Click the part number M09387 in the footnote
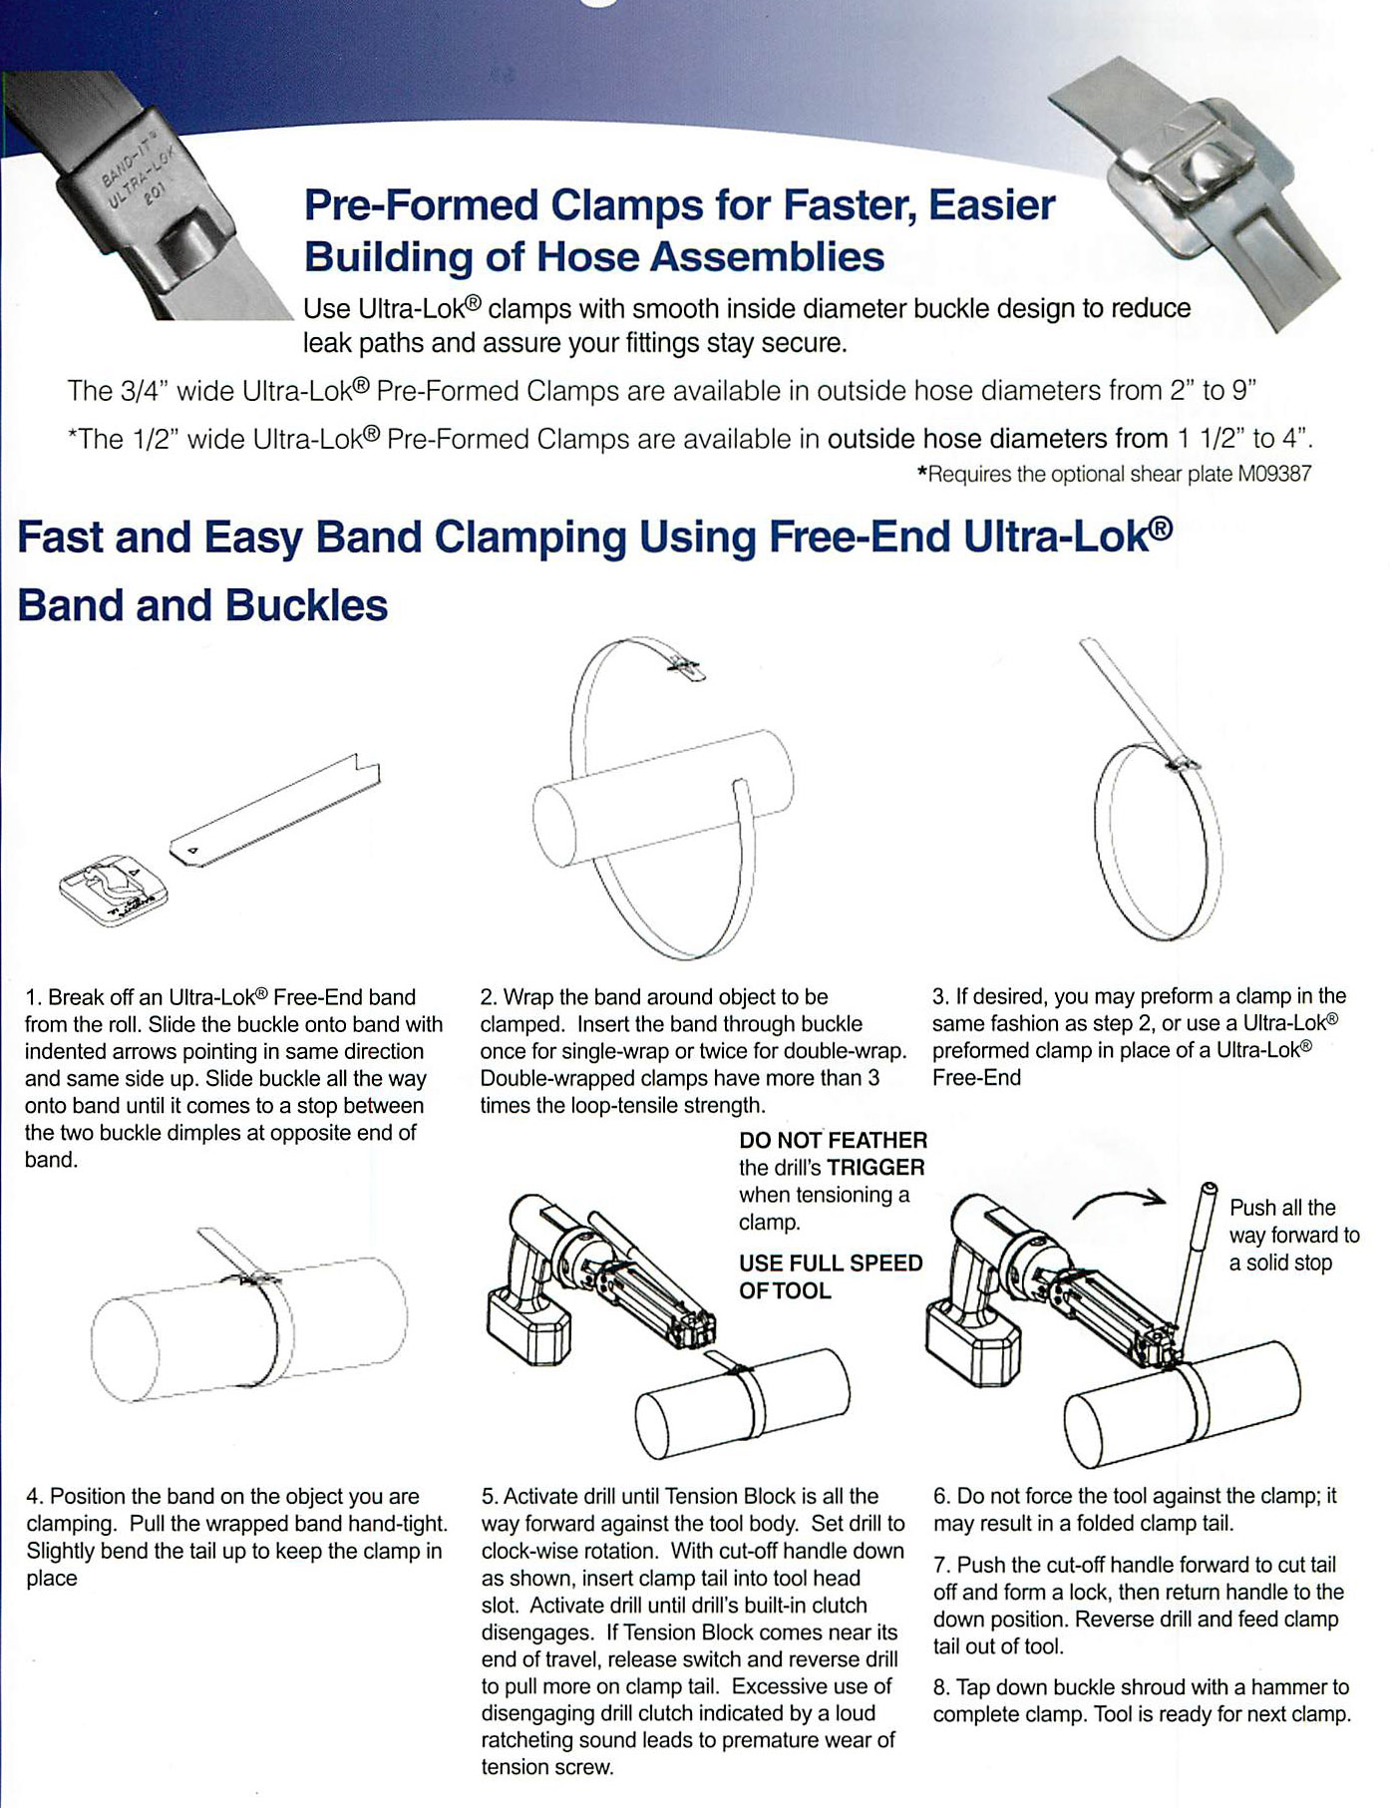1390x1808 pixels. tap(1274, 475)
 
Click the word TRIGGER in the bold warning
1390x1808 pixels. tap(875, 1168)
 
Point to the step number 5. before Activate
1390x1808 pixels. tap(489, 1497)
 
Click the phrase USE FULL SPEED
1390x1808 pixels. tap(830, 1264)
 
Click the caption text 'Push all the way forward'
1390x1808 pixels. tap(1293, 1235)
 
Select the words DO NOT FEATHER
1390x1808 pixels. tap(833, 1141)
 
